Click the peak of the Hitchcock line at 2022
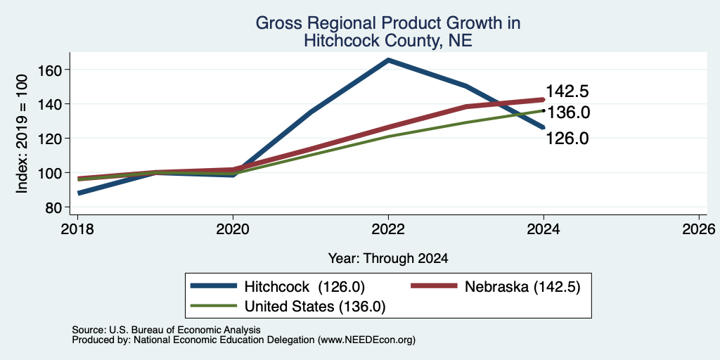click(x=388, y=60)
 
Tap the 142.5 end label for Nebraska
click(x=567, y=91)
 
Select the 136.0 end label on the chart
click(x=567, y=112)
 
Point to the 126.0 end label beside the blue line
click(x=567, y=139)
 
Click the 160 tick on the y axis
click(x=53, y=70)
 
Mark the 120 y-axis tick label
click(x=53, y=139)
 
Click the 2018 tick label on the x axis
click(x=77, y=229)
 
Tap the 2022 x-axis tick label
click(x=388, y=229)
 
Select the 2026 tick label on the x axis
click(x=699, y=229)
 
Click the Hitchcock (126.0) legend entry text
click(x=304, y=287)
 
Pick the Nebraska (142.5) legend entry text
click(x=522, y=287)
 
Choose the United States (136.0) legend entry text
click(x=315, y=307)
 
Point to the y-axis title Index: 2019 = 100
click(x=22, y=134)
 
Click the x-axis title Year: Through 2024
click(x=388, y=259)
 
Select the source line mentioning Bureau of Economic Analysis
click(x=166, y=330)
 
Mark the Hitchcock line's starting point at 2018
click(x=79, y=193)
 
